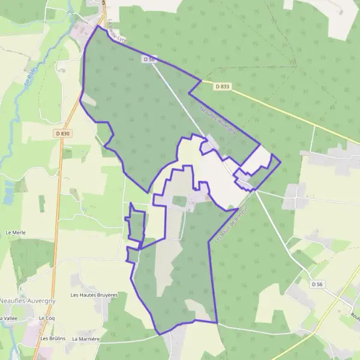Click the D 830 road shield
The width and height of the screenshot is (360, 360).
click(x=62, y=133)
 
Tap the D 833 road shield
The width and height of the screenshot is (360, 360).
click(x=222, y=86)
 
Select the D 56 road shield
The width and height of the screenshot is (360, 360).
click(x=317, y=283)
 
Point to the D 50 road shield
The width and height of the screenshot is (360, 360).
click(x=149, y=59)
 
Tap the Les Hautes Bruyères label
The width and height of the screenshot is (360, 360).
click(x=94, y=295)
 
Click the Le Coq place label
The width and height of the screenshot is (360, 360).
click(x=46, y=317)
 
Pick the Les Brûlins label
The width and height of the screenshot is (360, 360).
click(x=52, y=338)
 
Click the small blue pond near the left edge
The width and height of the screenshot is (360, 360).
click(x=8, y=192)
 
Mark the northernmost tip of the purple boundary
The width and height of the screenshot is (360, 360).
click(x=97, y=25)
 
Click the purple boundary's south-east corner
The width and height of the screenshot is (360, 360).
click(x=217, y=322)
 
